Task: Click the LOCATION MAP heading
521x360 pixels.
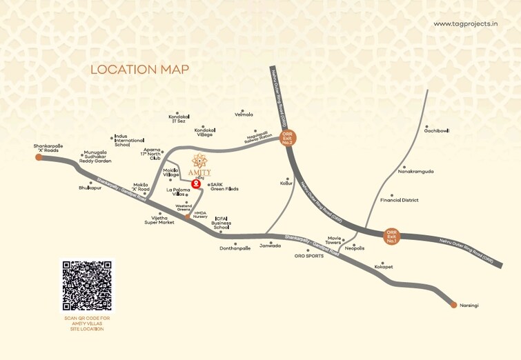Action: (140, 69)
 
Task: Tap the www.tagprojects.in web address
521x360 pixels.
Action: (466, 23)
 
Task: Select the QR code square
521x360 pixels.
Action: (86, 286)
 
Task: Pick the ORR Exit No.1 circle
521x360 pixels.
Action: (392, 237)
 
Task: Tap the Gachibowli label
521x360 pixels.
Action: (437, 130)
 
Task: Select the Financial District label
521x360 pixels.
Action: (400, 200)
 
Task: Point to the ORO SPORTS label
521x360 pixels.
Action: (308, 256)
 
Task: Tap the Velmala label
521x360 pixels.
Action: (244, 114)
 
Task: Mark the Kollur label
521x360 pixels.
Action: (286, 184)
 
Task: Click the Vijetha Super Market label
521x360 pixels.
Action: (159, 220)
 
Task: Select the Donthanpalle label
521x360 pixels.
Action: (235, 248)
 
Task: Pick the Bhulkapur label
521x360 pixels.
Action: (90, 187)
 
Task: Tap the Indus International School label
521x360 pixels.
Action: (122, 141)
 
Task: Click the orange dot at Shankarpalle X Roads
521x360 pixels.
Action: (39, 157)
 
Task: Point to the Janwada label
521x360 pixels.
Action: (270, 245)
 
